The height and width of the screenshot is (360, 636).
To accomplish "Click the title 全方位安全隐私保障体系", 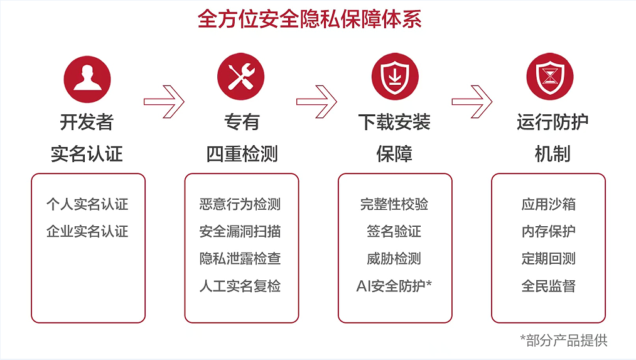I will click(310, 18).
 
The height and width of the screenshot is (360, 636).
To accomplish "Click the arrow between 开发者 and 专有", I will click(164, 100).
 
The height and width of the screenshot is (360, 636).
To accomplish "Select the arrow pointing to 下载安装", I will click(317, 100).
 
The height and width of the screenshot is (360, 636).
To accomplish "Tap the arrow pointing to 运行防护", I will click(472, 100).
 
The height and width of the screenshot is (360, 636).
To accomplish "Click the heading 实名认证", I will click(87, 154).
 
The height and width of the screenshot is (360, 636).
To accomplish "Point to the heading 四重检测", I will click(242, 154).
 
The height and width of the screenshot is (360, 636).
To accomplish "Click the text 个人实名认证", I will click(87, 204).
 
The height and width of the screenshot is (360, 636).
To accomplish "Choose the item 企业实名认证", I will click(87, 231).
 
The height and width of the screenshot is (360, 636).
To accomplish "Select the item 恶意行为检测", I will click(240, 204).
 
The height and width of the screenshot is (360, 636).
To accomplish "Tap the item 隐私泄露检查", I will click(240, 258).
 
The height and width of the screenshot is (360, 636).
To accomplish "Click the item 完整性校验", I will click(394, 204).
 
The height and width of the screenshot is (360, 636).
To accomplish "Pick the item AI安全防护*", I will click(394, 286).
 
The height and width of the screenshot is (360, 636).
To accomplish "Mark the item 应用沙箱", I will click(548, 204).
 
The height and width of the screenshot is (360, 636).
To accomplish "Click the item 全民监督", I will click(548, 286).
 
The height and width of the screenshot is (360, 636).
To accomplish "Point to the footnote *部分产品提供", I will click(564, 341).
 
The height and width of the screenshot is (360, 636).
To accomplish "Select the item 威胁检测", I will click(394, 258).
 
